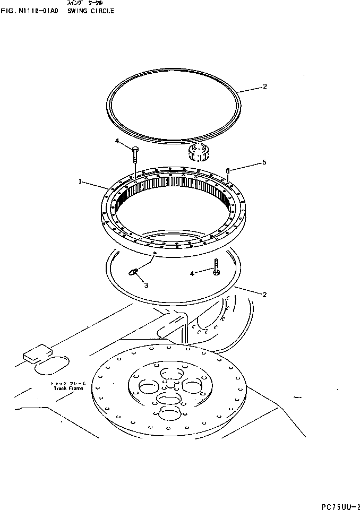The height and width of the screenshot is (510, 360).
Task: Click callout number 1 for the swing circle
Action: (80, 181)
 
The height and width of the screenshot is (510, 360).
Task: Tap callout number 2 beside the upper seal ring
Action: (264, 87)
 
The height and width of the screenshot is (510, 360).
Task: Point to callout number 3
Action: (145, 285)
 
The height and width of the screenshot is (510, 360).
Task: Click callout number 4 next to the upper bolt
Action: (117, 141)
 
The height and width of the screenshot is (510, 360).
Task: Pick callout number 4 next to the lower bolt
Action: (193, 273)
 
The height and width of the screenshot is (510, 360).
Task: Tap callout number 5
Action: (264, 163)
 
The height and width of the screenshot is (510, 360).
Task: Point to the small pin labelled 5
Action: (228, 171)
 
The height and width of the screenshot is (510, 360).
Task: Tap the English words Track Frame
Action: (65, 388)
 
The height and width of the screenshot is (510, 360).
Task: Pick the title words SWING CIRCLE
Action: (91, 11)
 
